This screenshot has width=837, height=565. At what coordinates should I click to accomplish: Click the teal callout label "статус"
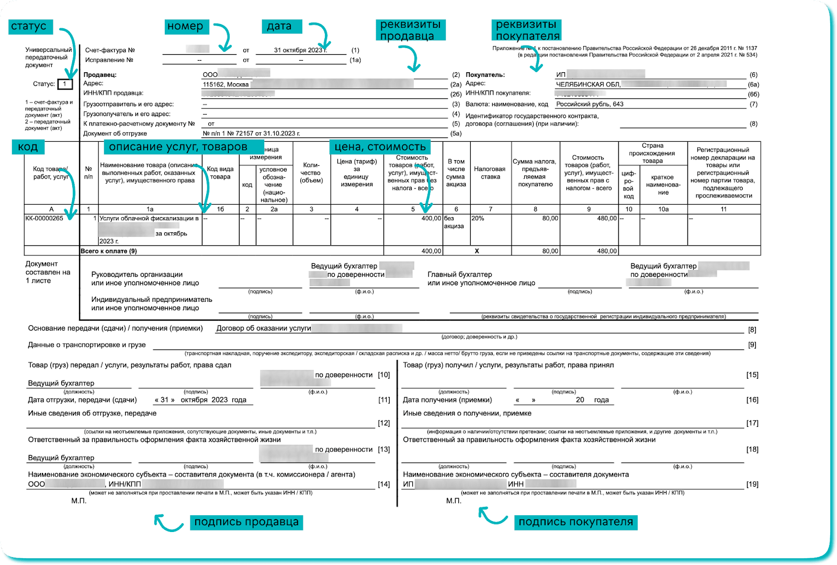[29, 27]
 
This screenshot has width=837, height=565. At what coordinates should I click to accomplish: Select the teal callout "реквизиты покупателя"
[527, 30]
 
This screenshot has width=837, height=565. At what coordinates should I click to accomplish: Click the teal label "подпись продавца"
[246, 522]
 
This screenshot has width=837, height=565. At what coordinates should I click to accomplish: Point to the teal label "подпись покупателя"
[576, 522]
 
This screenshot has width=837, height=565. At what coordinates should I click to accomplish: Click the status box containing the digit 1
[65, 84]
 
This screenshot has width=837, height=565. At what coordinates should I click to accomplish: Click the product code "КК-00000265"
[44, 219]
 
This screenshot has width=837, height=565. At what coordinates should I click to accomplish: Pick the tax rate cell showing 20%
[478, 219]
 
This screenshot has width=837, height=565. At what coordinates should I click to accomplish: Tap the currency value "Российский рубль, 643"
[590, 104]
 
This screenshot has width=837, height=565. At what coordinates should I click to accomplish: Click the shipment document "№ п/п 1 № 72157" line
[252, 133]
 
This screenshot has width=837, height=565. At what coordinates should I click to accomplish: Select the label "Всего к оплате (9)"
[109, 251]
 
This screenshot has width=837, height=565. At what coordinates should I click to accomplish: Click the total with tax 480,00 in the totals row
[607, 251]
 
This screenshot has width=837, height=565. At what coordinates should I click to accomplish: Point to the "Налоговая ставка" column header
[490, 173]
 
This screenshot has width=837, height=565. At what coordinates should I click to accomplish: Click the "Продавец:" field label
[100, 75]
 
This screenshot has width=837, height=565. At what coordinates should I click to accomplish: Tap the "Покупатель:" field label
[485, 75]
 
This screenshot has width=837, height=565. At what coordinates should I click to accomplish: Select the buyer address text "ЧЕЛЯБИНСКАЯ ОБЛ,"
[588, 85]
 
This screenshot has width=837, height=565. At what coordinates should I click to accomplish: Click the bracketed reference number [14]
[384, 484]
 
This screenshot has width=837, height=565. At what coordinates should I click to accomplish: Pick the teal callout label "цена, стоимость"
[380, 147]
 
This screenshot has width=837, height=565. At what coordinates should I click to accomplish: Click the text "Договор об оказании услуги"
[264, 329]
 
